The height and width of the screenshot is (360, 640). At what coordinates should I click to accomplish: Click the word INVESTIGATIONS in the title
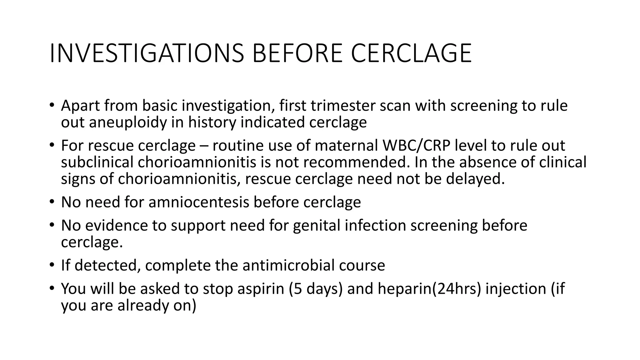(x=147, y=53)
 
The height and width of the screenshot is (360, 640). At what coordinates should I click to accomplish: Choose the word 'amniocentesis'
(x=199, y=202)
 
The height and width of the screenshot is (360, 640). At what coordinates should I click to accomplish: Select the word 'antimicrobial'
(x=287, y=265)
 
